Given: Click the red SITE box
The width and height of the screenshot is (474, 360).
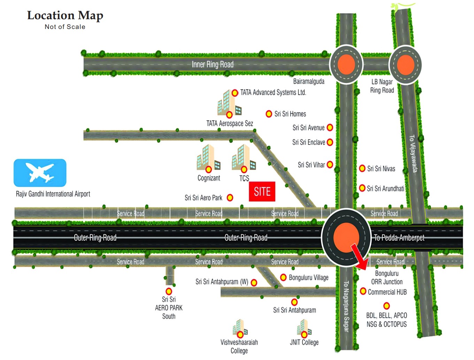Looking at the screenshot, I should (x=262, y=192).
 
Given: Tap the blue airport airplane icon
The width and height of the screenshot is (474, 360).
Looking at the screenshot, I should (x=40, y=173).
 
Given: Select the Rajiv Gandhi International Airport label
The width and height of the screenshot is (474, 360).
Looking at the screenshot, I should (x=53, y=194).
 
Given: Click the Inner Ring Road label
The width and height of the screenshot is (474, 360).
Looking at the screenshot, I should (x=213, y=65).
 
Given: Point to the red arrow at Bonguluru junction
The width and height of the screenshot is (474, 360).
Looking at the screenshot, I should (x=359, y=257).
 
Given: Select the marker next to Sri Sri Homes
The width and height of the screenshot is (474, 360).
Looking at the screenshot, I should (x=269, y=114).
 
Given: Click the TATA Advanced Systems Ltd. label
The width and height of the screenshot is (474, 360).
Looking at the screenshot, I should (x=273, y=92).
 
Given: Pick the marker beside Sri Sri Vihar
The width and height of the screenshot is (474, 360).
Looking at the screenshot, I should (x=330, y=165).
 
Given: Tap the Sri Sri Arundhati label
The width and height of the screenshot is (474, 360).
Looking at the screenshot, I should (x=385, y=189).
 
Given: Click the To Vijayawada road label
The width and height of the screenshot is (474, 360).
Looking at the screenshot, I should (x=413, y=153).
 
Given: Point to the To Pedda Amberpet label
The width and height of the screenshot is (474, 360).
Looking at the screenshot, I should (x=399, y=238).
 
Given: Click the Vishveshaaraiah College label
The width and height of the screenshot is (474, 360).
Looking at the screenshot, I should (x=239, y=346).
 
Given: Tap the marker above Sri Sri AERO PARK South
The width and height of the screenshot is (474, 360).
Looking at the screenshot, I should (x=169, y=291).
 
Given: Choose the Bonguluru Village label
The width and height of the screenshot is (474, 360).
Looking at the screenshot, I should (x=308, y=278).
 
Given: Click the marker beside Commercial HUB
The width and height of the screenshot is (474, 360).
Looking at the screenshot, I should (x=363, y=291).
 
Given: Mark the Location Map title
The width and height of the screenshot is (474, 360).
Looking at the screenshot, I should (x=65, y=16).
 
